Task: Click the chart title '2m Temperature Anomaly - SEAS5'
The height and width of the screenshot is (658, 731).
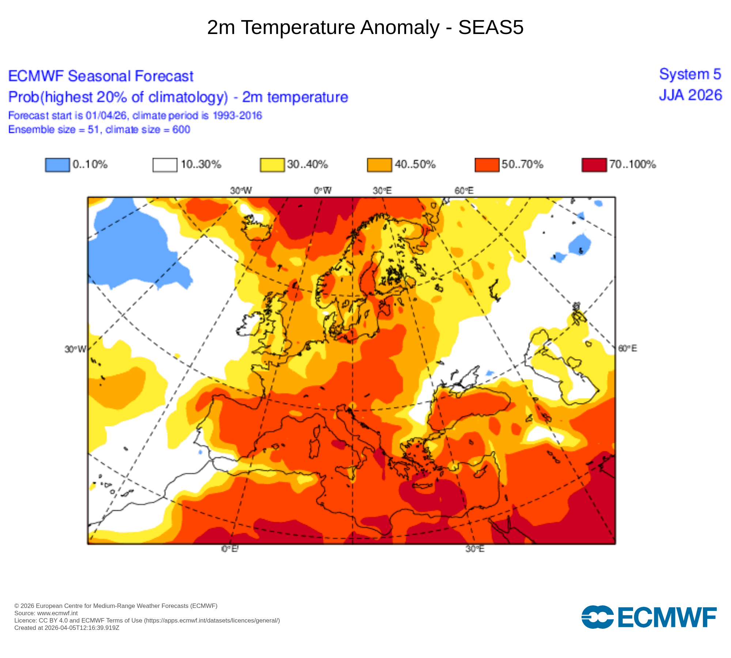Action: (365, 27)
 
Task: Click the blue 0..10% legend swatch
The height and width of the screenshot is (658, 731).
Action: (57, 164)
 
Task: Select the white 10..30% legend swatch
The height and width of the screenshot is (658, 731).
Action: (165, 164)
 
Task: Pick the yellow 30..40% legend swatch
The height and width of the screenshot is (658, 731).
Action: (272, 164)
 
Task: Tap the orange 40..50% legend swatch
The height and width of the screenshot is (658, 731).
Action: (379, 164)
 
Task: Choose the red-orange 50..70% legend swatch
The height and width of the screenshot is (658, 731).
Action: (487, 164)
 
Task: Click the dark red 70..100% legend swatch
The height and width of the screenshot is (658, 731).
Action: (594, 164)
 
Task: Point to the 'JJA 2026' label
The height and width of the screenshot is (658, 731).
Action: (690, 95)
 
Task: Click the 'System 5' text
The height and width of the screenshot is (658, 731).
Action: (690, 74)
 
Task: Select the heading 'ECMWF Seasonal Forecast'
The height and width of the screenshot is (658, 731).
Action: (101, 76)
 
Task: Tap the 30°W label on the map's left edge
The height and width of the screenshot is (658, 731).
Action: (75, 349)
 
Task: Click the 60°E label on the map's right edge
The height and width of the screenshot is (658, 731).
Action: (627, 348)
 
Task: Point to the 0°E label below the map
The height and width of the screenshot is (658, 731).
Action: (230, 549)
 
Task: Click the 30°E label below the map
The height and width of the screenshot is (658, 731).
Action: (475, 549)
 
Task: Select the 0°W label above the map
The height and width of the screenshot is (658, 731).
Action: (323, 190)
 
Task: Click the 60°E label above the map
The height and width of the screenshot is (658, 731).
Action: (464, 190)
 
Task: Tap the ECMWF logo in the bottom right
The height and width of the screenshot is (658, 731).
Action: (649, 617)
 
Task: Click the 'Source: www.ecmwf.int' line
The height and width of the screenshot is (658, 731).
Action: (46, 613)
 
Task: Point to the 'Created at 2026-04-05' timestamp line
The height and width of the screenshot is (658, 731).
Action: (67, 628)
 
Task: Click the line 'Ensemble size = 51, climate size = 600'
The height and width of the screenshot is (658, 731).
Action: (99, 129)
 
